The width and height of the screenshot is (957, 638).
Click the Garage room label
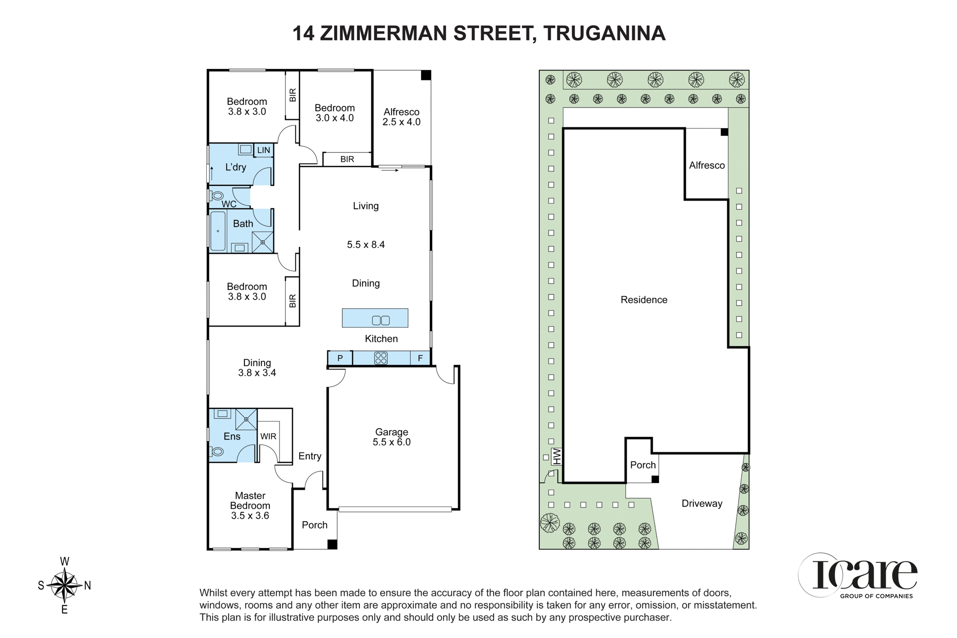coord(391,437)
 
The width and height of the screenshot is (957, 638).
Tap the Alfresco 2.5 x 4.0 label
coord(401,117)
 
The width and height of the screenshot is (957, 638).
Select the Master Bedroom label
coord(250,505)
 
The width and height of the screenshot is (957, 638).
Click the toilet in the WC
coord(218,196)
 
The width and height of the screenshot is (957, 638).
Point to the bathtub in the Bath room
coord(218,231)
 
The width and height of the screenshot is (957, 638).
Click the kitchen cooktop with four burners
coord(381,358)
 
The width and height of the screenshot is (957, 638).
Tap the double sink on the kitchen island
coord(381,320)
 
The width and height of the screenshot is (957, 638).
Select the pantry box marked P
coord(340,358)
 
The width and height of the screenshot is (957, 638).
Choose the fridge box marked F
coord(420,358)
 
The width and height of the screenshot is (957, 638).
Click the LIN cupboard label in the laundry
coord(264,150)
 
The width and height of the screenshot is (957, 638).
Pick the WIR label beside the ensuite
coord(268,437)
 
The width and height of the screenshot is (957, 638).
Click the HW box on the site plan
coord(556,456)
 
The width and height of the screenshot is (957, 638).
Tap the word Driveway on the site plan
coord(702,504)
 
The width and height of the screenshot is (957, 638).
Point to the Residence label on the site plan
coord(644,300)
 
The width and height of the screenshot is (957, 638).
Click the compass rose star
coord(64,585)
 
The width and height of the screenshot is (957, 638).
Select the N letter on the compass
coord(88,585)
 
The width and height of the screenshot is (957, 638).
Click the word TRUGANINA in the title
coord(604,34)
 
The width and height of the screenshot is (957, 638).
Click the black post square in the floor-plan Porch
coord(332,544)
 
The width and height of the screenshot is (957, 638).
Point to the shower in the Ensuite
coord(246,419)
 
